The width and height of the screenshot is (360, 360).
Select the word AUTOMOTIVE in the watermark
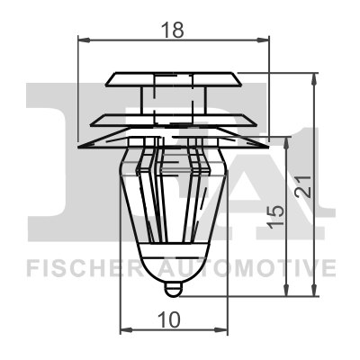coord(247,267)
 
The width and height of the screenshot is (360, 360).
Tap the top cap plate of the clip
coord(174,79)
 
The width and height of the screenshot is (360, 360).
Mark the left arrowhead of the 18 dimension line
coord(84,40)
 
